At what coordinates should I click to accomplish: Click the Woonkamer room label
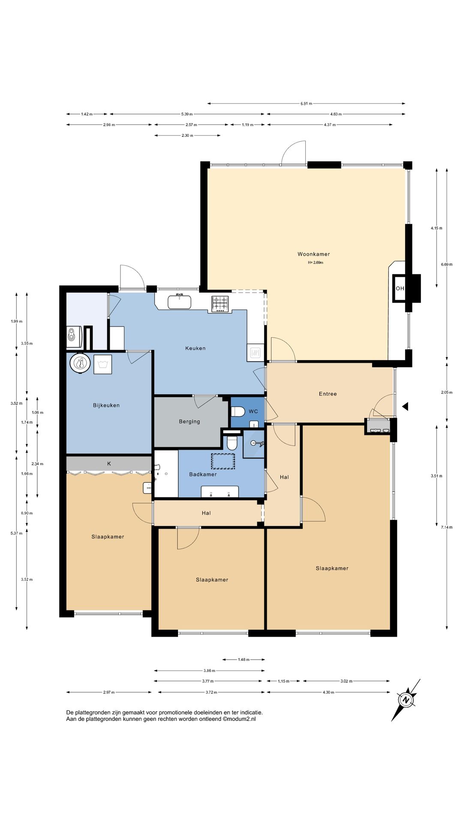314,254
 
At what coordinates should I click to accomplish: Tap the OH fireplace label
400,288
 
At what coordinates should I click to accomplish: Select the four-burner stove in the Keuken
220,304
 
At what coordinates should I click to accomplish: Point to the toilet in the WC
238,412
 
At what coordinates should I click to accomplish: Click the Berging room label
189,421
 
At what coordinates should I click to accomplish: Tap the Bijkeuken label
106,405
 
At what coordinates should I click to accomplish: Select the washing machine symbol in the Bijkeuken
102,364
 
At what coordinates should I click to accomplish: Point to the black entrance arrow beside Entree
405,406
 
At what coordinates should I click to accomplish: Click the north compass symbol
406,700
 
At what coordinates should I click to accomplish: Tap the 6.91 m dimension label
306,103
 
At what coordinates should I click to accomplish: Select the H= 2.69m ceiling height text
316,263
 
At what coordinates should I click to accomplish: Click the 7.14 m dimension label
447,527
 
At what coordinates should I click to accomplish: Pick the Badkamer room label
203,474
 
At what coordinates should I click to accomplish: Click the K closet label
109,463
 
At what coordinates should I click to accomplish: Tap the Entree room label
328,394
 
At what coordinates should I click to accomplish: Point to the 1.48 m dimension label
244,660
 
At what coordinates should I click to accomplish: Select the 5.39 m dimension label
187,114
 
